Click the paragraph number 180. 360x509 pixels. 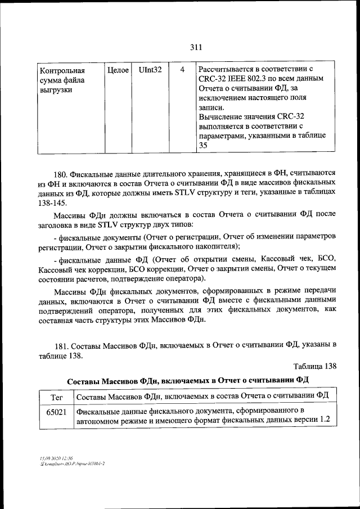(62, 174)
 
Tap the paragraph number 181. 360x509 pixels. (62, 344)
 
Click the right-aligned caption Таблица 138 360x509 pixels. (315, 367)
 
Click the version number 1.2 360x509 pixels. (324, 421)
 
